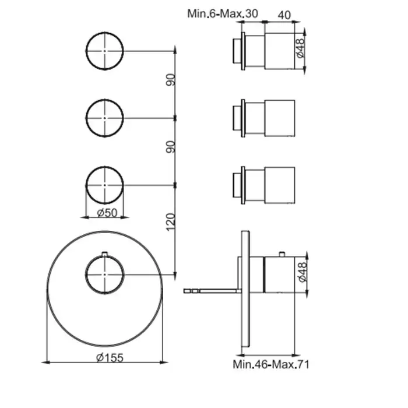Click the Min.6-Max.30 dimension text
click(x=223, y=13)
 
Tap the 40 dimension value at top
click(x=284, y=15)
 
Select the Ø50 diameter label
click(x=107, y=213)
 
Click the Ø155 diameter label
click(x=110, y=358)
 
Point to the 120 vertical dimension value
click(x=170, y=222)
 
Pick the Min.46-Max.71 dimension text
click(x=271, y=364)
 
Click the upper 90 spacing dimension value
click(x=171, y=80)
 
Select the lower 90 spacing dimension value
click(x=171, y=147)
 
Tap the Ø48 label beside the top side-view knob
click(x=300, y=48)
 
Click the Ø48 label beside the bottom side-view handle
click(x=303, y=272)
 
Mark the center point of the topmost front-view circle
click(x=104, y=51)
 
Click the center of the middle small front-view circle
click(x=104, y=118)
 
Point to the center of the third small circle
click(x=104, y=185)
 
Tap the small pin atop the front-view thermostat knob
click(x=104, y=254)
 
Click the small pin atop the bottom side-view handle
click(x=282, y=254)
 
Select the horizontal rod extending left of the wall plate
click(x=212, y=291)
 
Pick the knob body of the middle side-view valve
click(x=280, y=118)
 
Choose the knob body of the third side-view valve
click(x=280, y=185)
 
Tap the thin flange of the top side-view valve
click(x=243, y=51)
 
